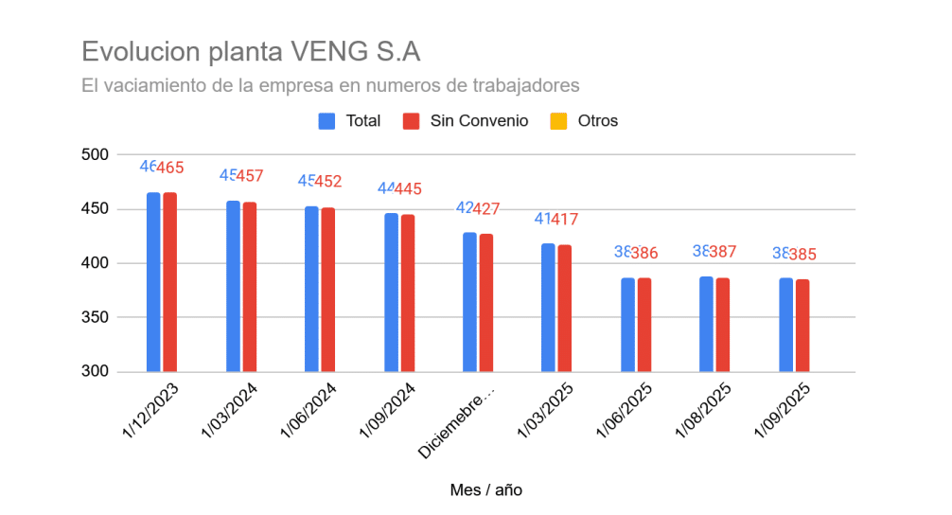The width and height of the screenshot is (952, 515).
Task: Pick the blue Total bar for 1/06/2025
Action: click(627, 325)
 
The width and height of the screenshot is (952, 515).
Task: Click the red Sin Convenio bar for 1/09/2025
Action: click(802, 326)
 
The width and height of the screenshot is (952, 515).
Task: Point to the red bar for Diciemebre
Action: click(485, 303)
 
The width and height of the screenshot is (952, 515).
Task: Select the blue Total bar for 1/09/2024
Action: click(391, 293)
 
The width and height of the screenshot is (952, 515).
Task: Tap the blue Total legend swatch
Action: click(327, 121)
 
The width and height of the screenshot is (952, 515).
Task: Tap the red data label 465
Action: click(170, 168)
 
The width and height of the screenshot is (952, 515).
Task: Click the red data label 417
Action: click(564, 220)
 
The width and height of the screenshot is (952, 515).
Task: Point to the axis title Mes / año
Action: click(486, 489)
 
